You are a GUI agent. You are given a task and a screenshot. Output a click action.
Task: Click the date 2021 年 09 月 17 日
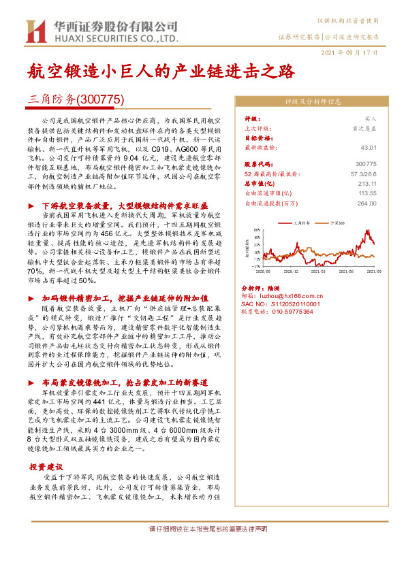tap(350, 52)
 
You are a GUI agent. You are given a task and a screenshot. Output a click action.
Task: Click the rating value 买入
tap(370, 118)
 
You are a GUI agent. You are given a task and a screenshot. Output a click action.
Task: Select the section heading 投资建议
tap(46, 467)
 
